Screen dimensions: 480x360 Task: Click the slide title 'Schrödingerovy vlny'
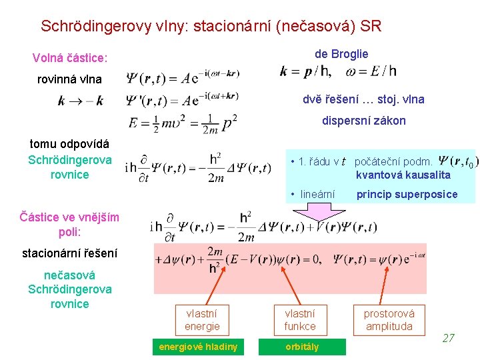point(211,27)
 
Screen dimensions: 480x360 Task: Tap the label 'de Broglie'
point(341,54)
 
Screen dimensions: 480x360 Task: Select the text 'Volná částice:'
point(70,59)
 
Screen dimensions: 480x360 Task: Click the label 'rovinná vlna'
point(69,79)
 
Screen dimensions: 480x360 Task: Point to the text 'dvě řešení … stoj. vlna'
point(363,99)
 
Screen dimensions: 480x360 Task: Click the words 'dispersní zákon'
point(363,121)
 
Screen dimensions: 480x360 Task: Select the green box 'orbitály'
point(302,347)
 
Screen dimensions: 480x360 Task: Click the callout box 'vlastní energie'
point(201,319)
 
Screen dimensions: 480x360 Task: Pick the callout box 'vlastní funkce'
point(300,319)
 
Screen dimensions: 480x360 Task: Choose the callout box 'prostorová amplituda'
point(389,319)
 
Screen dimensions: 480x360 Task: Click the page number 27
point(448,338)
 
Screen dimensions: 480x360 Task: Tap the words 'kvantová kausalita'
point(403,175)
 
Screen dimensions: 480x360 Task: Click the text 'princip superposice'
point(407,195)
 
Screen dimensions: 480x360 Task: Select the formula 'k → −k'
point(81,101)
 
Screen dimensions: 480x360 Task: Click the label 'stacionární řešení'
point(69,253)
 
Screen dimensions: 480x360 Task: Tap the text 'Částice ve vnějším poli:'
point(69,225)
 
